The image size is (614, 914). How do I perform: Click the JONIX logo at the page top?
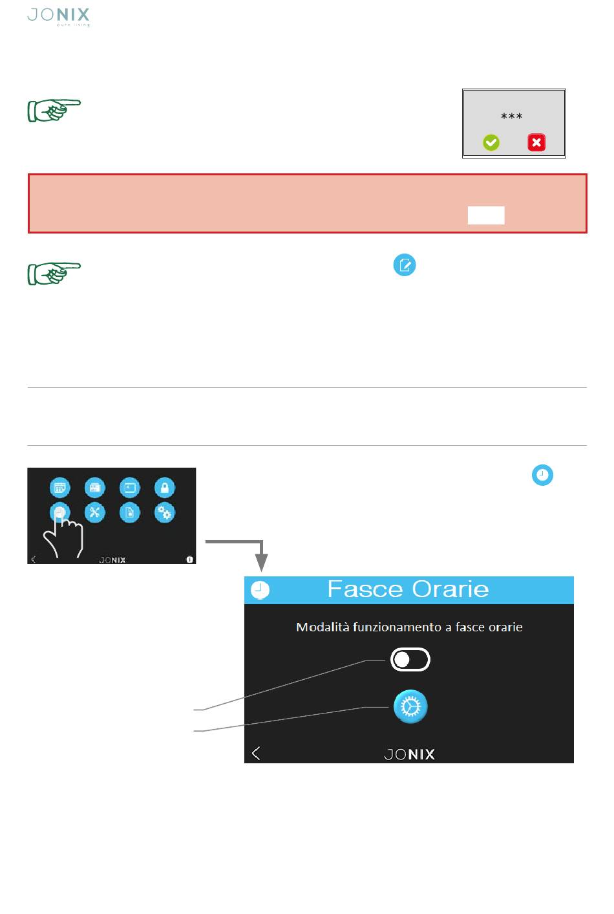[x=58, y=17]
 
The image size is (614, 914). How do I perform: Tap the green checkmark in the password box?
[x=491, y=142]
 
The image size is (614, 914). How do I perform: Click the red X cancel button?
[x=536, y=142]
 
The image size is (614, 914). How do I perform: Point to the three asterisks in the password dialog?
[x=511, y=116]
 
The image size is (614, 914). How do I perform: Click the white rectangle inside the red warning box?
[x=486, y=215]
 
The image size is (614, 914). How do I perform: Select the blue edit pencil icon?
[x=405, y=265]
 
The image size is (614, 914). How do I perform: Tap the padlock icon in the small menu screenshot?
[x=165, y=488]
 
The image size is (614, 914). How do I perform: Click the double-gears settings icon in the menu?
[x=165, y=512]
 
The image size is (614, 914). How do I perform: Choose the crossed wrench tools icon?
[x=94, y=512]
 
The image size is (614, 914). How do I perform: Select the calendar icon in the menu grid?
[x=60, y=488]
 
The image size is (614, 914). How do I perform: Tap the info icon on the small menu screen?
[x=189, y=560]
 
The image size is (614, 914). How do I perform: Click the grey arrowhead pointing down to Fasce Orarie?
[x=261, y=563]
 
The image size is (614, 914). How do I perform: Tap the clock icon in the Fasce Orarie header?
[x=260, y=590]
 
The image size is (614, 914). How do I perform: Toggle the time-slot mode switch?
[x=410, y=659]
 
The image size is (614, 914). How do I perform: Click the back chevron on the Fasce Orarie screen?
[x=256, y=753]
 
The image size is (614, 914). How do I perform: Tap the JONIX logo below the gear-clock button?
[x=409, y=754]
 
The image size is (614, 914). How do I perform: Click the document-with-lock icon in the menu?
[x=130, y=512]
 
